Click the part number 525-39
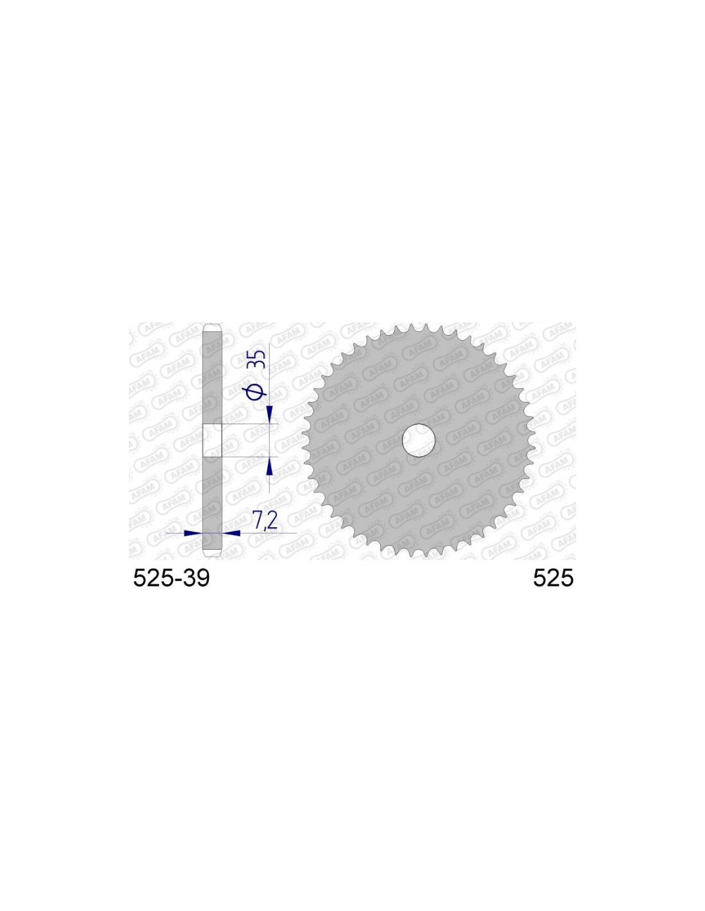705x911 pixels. point(171,579)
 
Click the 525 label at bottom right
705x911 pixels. point(552,579)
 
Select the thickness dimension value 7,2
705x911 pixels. point(264,521)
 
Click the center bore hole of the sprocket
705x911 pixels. point(419,440)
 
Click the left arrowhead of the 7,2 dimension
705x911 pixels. point(194,533)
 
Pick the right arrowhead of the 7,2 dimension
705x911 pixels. point(231,533)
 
